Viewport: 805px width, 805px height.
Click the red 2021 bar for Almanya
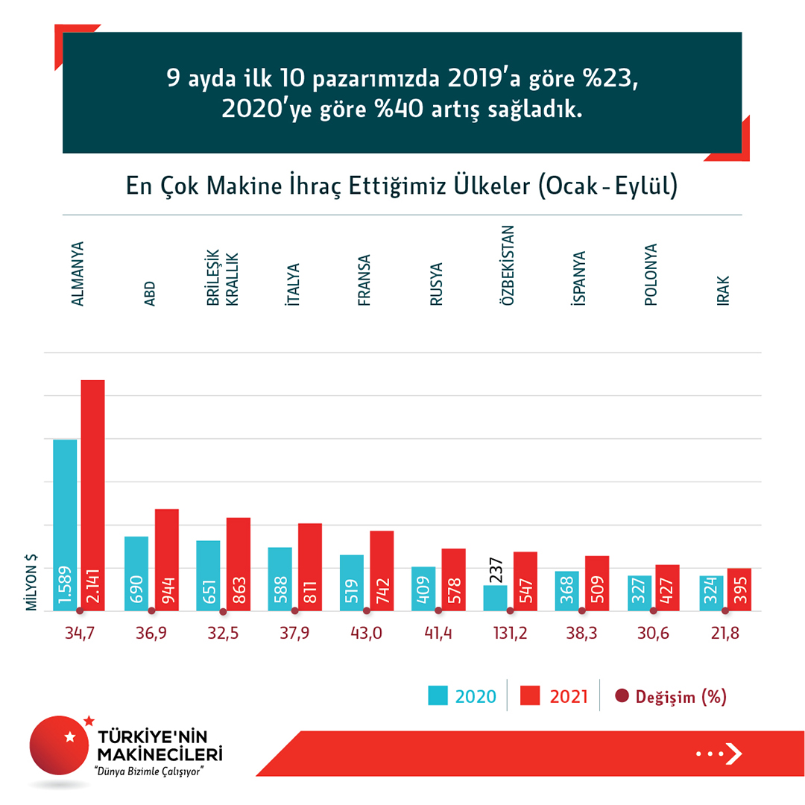[92, 495]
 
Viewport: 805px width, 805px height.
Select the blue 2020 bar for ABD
[136, 573]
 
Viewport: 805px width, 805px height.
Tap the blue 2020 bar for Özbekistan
[496, 598]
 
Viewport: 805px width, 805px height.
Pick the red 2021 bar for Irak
[739, 590]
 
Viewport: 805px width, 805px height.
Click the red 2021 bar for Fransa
[382, 570]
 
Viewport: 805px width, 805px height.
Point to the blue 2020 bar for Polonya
[640, 593]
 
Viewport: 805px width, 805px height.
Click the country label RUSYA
[436, 285]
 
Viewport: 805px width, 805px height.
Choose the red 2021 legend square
[529, 696]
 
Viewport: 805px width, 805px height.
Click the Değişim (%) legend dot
[622, 696]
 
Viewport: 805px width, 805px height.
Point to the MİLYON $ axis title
[33, 583]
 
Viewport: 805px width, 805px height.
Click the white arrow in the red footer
[733, 754]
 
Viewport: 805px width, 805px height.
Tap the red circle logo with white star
[63, 745]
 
